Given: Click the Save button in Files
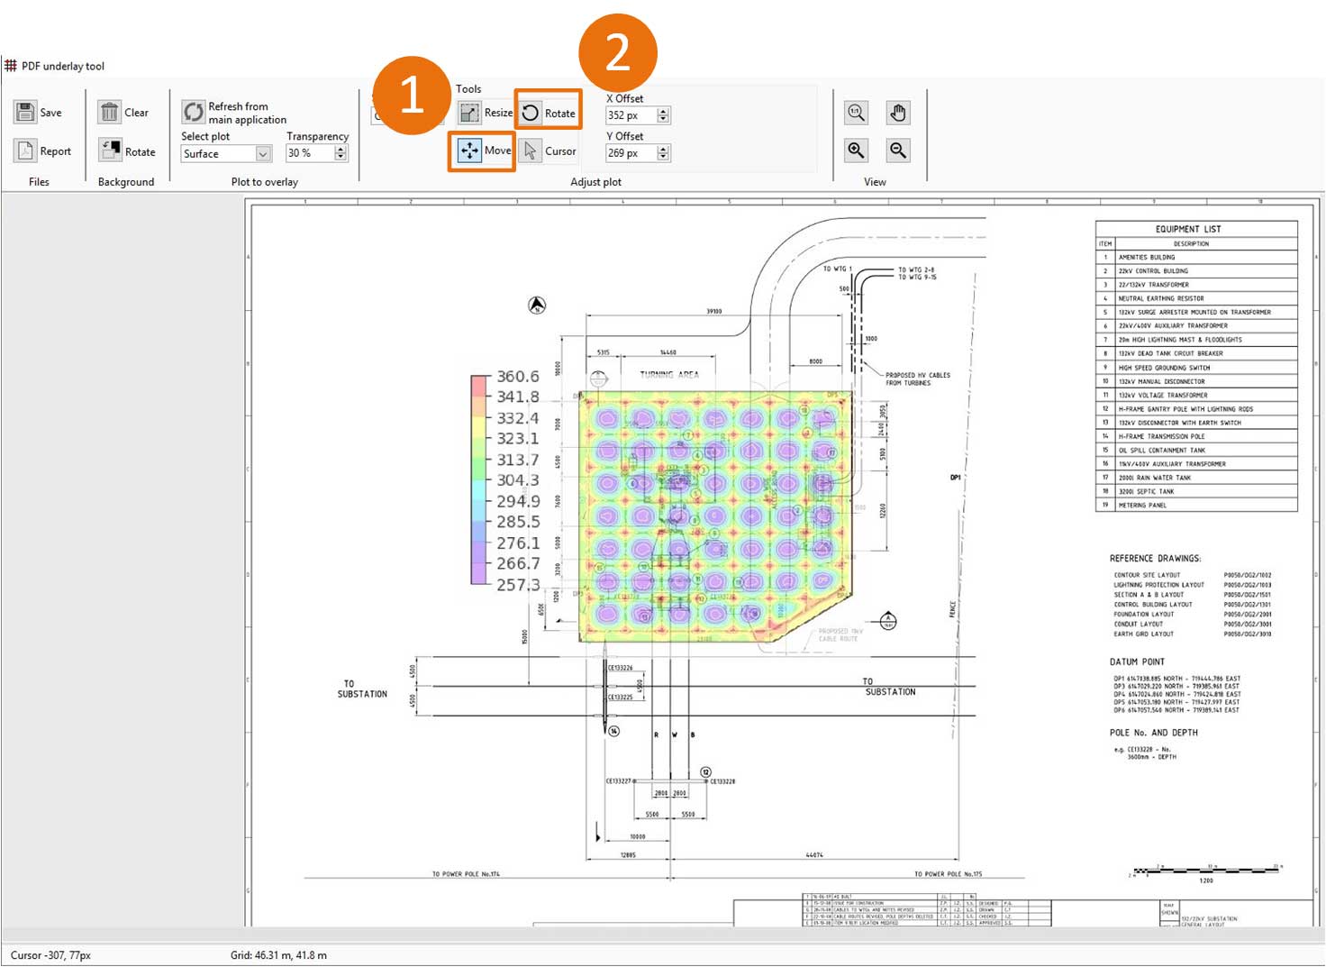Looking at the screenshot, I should click(38, 113).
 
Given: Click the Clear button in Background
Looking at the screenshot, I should click(123, 113).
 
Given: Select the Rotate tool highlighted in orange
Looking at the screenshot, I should click(548, 113).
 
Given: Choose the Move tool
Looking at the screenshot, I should click(483, 151).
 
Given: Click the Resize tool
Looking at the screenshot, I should click(485, 113).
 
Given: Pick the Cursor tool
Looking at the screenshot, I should click(549, 151).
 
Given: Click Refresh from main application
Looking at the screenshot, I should click(234, 113).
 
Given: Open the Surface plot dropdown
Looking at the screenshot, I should click(225, 154).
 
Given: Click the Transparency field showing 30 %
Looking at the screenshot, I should click(309, 154).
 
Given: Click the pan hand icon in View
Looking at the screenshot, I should click(897, 113).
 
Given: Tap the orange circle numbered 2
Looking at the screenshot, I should click(617, 52).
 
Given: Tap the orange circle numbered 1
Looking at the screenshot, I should click(412, 95).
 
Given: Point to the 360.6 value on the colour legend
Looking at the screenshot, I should click(517, 377).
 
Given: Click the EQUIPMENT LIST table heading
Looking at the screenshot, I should click(1187, 229).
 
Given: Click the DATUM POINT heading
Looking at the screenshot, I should click(1137, 661).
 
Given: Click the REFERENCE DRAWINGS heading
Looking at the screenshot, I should click(1155, 559).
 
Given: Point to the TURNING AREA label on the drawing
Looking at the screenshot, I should click(668, 375).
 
